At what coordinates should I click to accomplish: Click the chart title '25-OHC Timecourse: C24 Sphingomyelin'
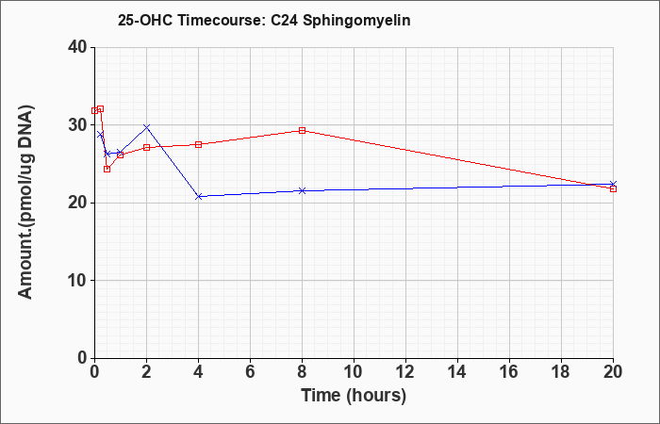coord(264,20)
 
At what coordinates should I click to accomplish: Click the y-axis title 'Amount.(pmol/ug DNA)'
coord(25,203)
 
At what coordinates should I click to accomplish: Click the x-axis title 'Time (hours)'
coord(354,396)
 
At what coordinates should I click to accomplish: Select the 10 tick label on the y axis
coord(76,281)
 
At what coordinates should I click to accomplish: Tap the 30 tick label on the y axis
coord(76,125)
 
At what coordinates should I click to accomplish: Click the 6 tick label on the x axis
coord(250,371)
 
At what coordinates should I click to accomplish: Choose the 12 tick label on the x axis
coord(405,371)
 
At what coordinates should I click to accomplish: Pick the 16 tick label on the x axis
coord(509,371)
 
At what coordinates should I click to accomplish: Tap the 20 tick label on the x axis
coord(613,371)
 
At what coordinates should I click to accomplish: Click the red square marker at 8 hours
coord(302,130)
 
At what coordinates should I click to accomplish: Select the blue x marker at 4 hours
coord(199,196)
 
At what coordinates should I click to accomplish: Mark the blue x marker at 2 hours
coord(146,126)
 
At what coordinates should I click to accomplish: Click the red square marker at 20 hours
coord(613,188)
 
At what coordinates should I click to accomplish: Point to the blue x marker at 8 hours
coord(302,191)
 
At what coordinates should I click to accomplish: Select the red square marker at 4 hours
coord(199,145)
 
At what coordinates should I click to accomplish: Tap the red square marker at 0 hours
coord(94,110)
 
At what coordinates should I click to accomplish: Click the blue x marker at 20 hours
coord(613,185)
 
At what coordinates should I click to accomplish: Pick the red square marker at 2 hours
coord(146,148)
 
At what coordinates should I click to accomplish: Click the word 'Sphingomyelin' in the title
coord(356,21)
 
